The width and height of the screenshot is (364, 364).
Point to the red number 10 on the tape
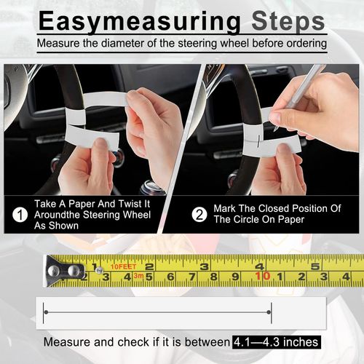coord(263,276)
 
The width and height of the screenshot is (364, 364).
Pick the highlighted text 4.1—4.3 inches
coord(277,341)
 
